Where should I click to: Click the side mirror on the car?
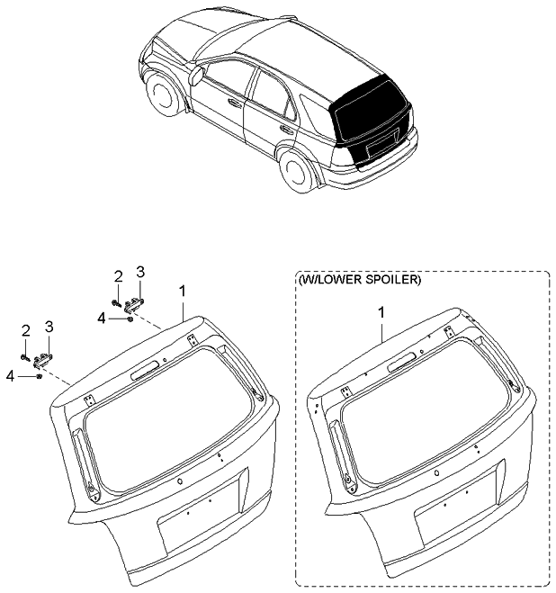[x=196, y=76]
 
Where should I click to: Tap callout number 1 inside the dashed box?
[x=381, y=313]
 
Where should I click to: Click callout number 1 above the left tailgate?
[x=183, y=292]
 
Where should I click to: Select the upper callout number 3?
[x=140, y=273]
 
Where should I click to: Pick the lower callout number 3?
[x=49, y=327]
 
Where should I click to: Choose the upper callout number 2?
[x=119, y=277]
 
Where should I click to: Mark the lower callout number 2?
[x=25, y=331]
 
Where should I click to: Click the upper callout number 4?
[x=101, y=319]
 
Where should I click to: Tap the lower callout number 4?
[x=11, y=376]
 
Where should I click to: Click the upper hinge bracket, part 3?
[x=134, y=303]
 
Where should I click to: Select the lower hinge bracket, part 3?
[x=43, y=360]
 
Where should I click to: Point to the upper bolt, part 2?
[x=116, y=302]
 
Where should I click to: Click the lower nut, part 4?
[x=39, y=376]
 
